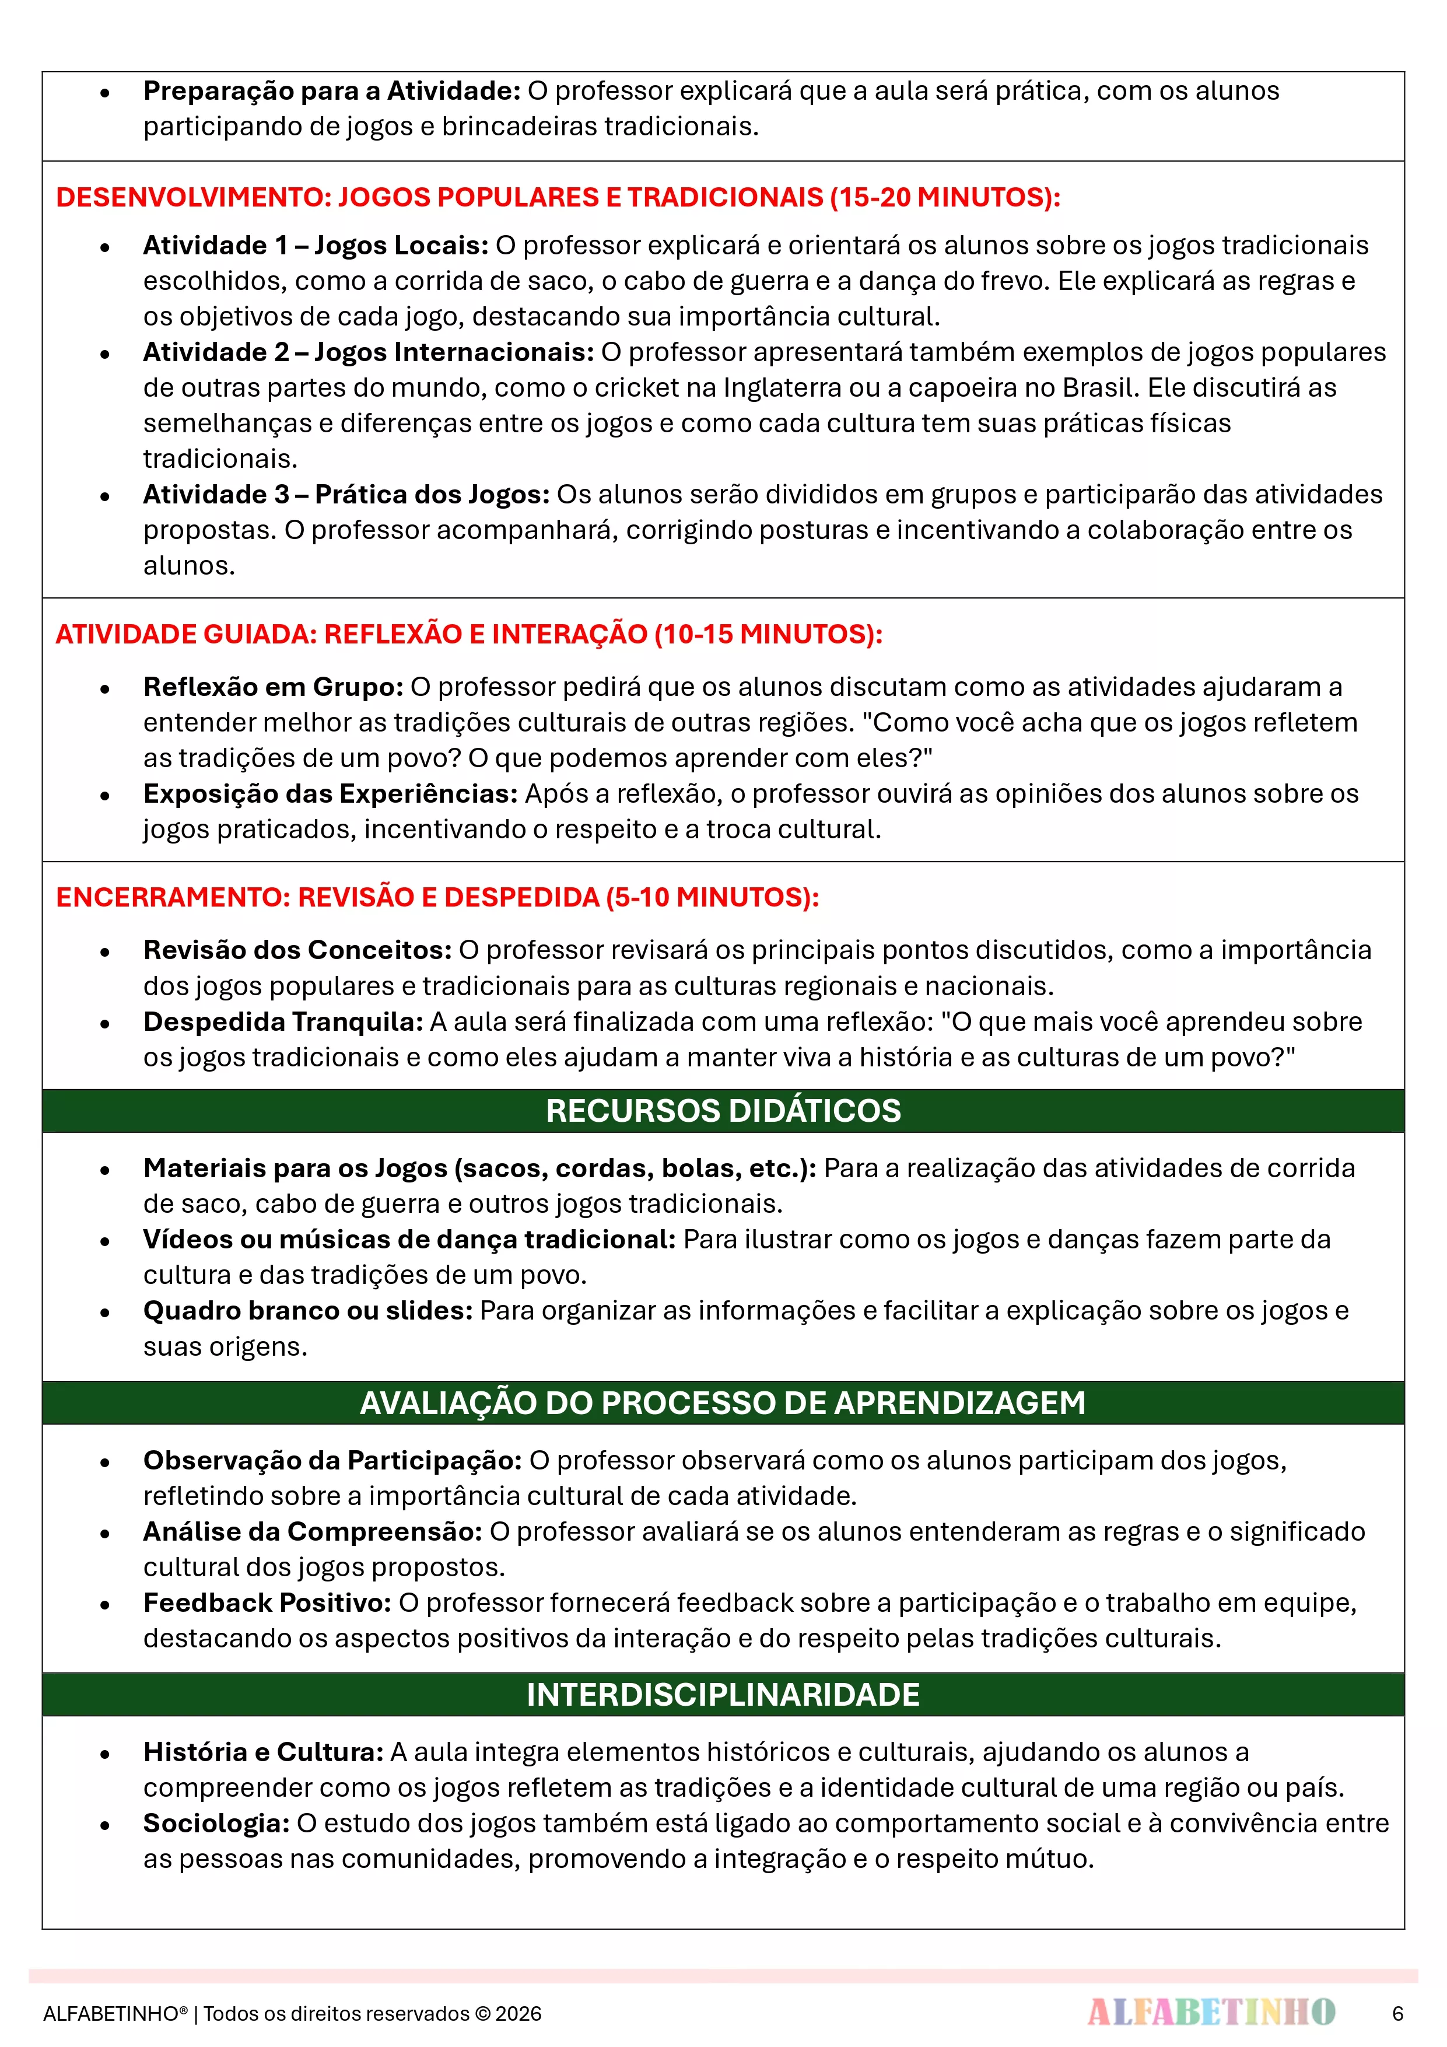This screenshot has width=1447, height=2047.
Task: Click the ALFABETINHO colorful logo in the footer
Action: [x=1211, y=2011]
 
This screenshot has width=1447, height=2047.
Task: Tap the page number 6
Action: [x=1397, y=2013]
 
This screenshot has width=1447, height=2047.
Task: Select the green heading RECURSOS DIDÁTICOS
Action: [x=723, y=1111]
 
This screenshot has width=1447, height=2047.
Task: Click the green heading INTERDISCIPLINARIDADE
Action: [x=723, y=1694]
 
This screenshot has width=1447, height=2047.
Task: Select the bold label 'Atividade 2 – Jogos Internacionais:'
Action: [x=368, y=352]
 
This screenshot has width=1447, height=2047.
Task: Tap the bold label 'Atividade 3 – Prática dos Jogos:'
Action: [x=346, y=495]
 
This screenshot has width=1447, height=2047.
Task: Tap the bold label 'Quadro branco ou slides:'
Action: [x=307, y=1311]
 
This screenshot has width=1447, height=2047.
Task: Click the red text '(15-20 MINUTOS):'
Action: [x=945, y=197]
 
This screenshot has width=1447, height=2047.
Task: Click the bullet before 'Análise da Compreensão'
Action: [x=105, y=1534]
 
